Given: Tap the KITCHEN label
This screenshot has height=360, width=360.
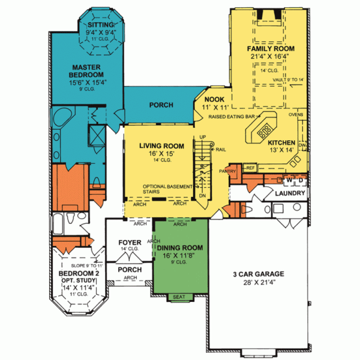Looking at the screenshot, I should click(281, 143).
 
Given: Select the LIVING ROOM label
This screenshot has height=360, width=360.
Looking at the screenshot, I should click(161, 145).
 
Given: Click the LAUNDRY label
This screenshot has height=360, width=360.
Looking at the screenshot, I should click(291, 194).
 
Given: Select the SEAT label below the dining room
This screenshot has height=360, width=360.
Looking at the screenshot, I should click(179, 297).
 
